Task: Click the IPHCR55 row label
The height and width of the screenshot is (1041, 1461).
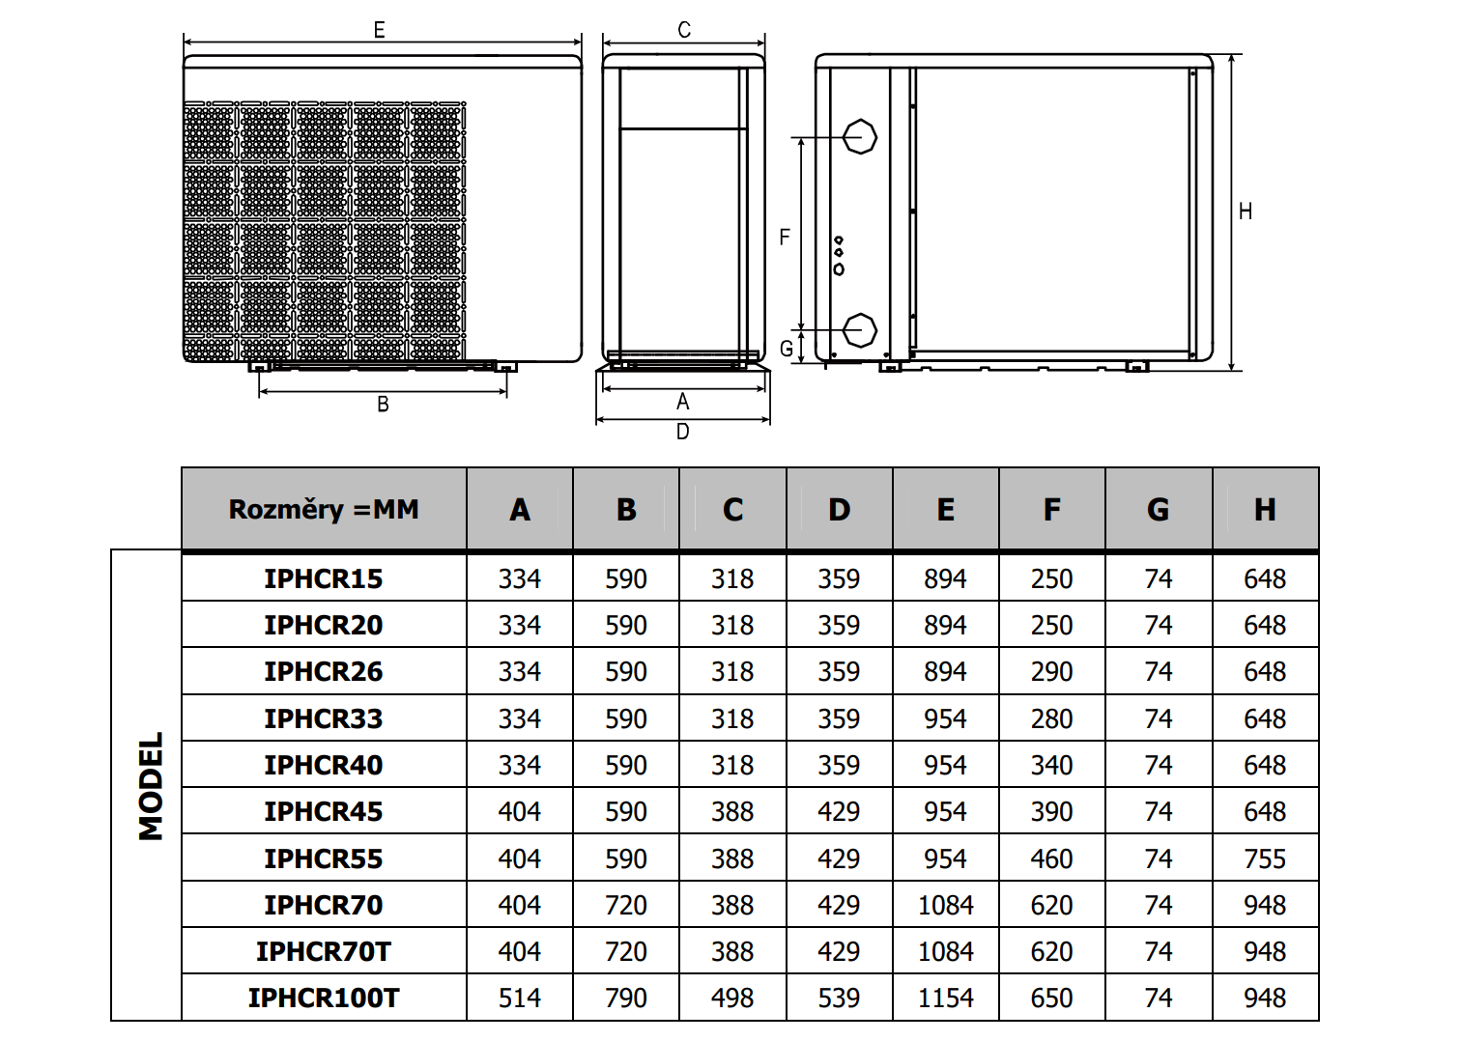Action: [x=323, y=858]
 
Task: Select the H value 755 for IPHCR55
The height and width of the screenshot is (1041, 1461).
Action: [x=1264, y=858]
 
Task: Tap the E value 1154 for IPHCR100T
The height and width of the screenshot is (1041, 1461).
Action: [x=945, y=998]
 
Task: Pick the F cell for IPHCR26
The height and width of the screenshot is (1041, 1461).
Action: [x=1051, y=671]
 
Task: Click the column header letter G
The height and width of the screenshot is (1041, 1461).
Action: [x=1158, y=510]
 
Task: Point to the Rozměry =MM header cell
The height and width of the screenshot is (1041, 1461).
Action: [x=324, y=510]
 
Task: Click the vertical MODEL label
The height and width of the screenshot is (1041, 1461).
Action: [x=151, y=786]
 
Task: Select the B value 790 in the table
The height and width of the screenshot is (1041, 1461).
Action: [x=625, y=998]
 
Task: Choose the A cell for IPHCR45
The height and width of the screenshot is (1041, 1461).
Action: [x=519, y=812]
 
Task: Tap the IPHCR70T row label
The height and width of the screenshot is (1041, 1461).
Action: [x=323, y=951]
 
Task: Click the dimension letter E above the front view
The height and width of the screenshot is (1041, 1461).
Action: [x=380, y=31]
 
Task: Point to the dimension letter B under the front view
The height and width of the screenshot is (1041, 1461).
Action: [x=383, y=405]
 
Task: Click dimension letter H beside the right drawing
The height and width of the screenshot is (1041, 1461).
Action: [x=1246, y=211]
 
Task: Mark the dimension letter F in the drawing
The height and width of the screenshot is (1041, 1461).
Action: [x=785, y=237]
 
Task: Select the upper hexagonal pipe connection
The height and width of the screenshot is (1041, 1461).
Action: [x=859, y=137]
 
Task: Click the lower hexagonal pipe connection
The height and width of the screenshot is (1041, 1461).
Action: [x=859, y=330]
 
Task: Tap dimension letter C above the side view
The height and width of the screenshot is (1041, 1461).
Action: [x=684, y=31]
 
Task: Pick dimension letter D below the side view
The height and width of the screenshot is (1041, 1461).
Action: [x=683, y=432]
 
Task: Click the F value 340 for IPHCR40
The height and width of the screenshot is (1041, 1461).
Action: [x=1051, y=765]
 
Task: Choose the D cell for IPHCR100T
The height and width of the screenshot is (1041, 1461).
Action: [x=838, y=998]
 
